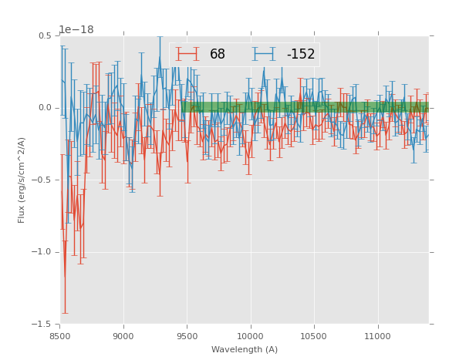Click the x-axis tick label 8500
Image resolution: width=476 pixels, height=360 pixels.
(60, 336)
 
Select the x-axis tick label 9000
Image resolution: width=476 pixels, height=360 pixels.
(123, 336)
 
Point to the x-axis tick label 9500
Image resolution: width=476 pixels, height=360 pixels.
(187, 336)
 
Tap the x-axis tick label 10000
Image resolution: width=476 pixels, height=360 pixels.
(251, 336)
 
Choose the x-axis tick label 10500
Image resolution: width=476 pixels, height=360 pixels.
(314, 336)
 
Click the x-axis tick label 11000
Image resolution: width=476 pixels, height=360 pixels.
(378, 336)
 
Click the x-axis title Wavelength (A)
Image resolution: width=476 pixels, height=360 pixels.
(245, 349)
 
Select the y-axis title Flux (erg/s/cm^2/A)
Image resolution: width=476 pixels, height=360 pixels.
(22, 180)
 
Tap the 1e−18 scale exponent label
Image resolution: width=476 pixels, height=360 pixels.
(76, 29)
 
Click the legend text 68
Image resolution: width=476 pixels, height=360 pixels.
(218, 55)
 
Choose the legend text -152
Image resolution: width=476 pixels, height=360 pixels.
(301, 55)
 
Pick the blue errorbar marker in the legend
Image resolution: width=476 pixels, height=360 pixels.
(264, 54)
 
